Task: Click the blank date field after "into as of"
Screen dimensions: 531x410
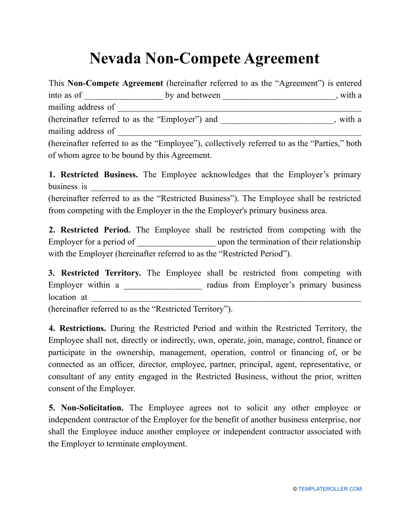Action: [123, 95]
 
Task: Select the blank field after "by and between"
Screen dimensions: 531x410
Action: [279, 95]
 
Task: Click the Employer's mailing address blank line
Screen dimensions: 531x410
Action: [239, 107]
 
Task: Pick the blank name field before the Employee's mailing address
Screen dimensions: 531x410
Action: [277, 120]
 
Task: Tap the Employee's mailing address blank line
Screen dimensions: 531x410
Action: [239, 132]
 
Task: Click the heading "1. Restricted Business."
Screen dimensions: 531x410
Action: [93, 175]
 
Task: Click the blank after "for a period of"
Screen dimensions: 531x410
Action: [176, 242]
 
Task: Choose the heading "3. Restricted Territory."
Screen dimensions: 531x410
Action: [95, 273]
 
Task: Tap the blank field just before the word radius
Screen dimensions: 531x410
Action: [163, 285]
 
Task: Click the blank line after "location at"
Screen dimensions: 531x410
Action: [226, 297]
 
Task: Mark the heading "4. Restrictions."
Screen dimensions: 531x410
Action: [77, 329]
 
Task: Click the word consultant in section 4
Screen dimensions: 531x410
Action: [67, 376]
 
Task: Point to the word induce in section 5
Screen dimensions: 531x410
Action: [130, 432]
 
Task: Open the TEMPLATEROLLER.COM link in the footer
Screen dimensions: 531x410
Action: [330, 489]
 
